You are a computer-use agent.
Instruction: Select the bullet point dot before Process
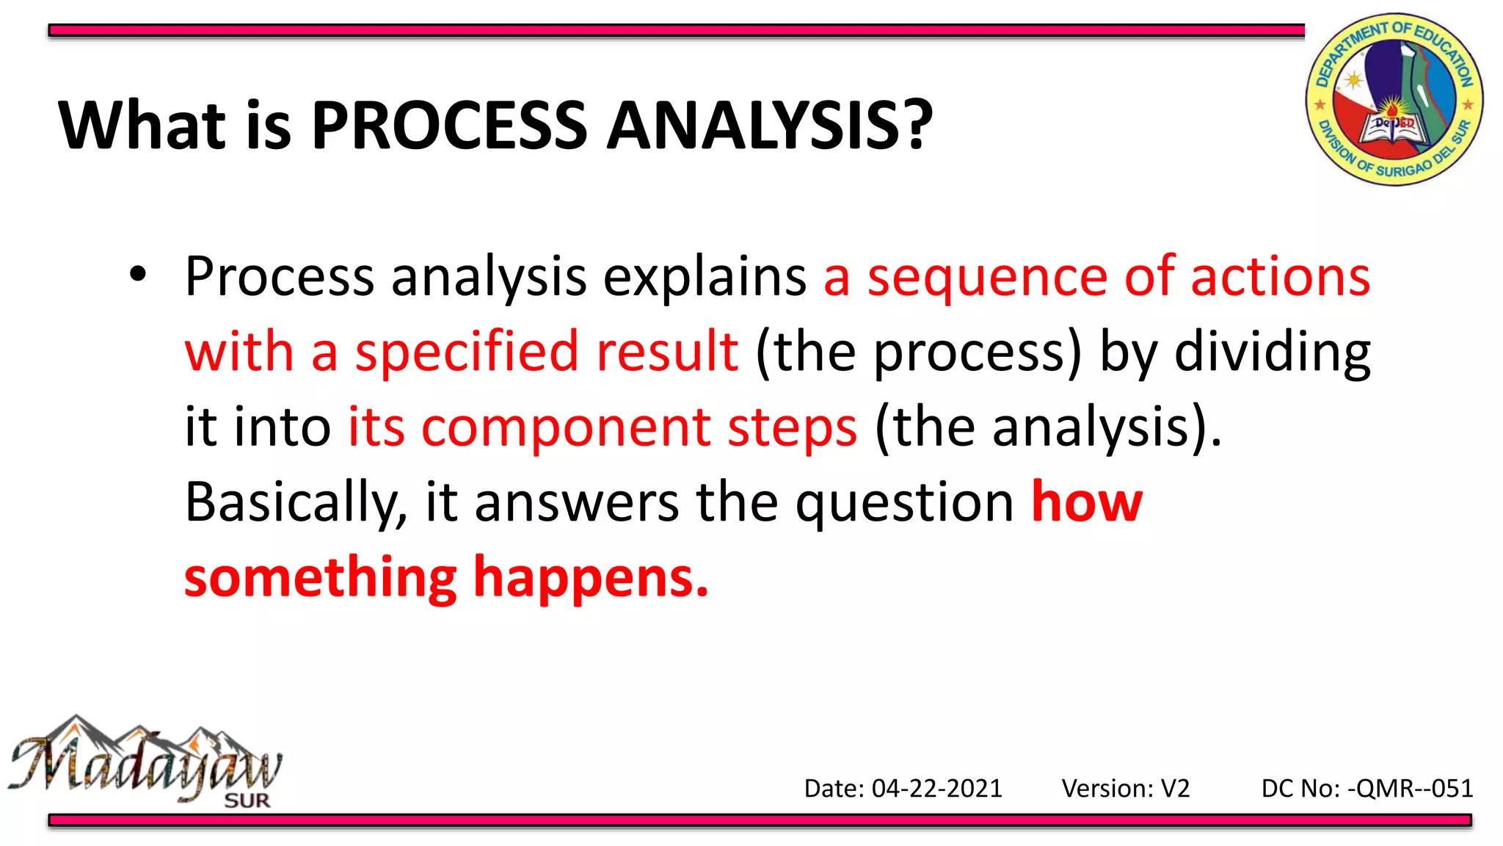tap(137, 275)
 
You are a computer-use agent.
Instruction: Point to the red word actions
tap(1280, 278)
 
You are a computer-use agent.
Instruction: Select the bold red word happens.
tap(591, 579)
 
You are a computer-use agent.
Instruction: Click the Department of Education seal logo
tap(1394, 99)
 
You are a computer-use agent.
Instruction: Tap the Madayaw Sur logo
tap(145, 762)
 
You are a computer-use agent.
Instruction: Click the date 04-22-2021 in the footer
tap(936, 789)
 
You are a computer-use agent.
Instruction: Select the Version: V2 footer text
tap(1125, 789)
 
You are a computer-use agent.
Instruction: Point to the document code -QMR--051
tap(1410, 789)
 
